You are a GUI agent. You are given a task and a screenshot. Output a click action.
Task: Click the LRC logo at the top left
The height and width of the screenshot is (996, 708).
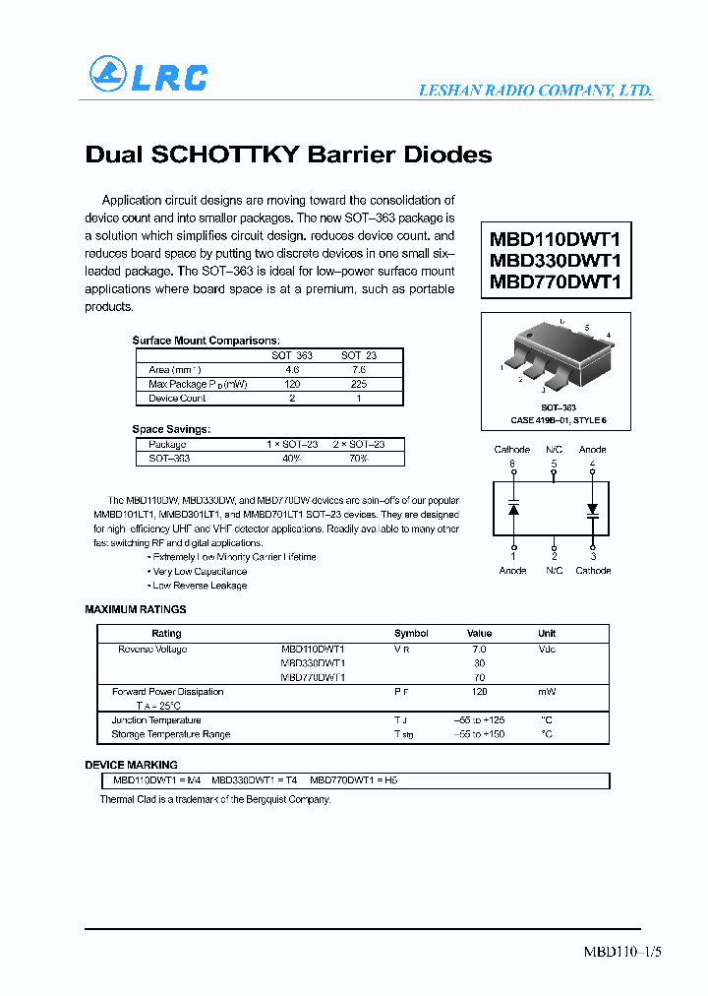(x=148, y=75)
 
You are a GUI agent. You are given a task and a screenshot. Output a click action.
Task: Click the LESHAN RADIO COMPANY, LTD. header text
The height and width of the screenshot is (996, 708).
(x=535, y=91)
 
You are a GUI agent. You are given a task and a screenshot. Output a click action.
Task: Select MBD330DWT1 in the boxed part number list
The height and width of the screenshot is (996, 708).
(x=556, y=261)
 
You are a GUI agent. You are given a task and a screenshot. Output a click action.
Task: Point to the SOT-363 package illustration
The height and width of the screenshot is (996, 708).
(x=556, y=355)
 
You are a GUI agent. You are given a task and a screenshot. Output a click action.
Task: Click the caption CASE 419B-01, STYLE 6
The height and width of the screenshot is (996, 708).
(x=558, y=420)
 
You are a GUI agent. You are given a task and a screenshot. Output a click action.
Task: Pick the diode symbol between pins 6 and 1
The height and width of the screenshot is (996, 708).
(x=512, y=509)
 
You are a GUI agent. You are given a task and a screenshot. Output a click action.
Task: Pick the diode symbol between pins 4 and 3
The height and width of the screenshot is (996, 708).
(x=592, y=510)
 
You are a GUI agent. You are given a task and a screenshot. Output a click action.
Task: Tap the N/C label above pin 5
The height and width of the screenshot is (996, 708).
(x=554, y=450)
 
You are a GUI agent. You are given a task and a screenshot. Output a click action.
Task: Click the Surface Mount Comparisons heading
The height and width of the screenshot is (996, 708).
(x=206, y=341)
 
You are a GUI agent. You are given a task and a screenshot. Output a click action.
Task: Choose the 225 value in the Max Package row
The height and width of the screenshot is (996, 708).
(x=358, y=384)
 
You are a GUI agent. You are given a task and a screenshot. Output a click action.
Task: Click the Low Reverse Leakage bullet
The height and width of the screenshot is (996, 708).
(x=200, y=586)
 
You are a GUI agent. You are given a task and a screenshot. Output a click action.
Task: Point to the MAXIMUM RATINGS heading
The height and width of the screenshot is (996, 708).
(x=136, y=610)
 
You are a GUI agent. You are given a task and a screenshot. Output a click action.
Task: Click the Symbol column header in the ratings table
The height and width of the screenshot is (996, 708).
(x=411, y=634)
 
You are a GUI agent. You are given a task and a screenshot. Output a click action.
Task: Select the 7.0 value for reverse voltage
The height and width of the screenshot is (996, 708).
(x=479, y=650)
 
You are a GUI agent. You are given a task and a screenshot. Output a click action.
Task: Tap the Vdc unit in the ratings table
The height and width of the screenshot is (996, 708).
(x=547, y=650)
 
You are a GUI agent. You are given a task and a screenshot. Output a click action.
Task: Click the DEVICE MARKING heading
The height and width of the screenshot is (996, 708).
(x=132, y=765)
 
